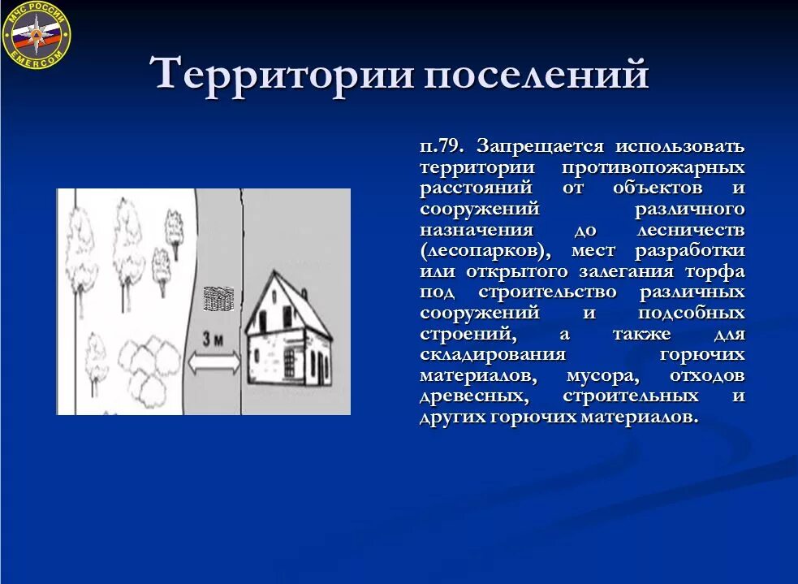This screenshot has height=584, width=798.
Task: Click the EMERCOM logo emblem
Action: click(x=37, y=35)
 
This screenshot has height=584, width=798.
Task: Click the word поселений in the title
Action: click(x=537, y=76)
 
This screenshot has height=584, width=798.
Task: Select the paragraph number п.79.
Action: click(x=442, y=146)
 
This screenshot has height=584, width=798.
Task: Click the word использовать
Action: click(x=679, y=146)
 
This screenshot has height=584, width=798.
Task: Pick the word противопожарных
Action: click(x=653, y=167)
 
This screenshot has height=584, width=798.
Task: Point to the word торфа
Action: click(x=717, y=272)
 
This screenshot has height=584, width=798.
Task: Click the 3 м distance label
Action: click(x=213, y=341)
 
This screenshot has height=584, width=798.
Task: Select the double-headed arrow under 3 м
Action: click(x=214, y=362)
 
